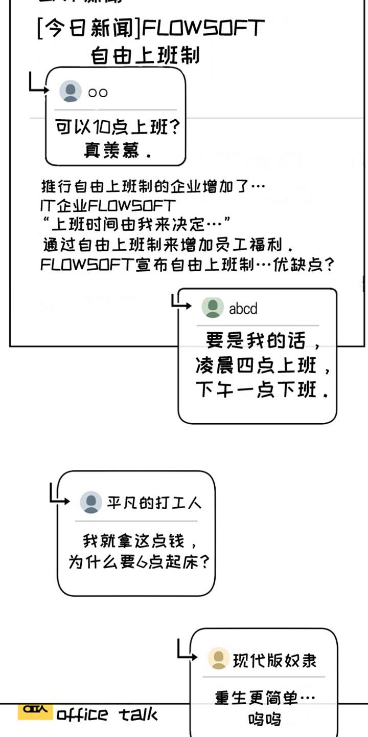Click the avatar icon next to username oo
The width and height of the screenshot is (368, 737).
pyautogui.click(x=71, y=92)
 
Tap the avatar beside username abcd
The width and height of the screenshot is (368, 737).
pyautogui.click(x=212, y=308)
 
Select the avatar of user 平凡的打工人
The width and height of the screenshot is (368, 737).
pyautogui.click(x=91, y=503)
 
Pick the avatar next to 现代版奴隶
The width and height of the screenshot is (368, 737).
pyautogui.click(x=218, y=658)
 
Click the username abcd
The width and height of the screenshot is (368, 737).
pyautogui.click(x=243, y=309)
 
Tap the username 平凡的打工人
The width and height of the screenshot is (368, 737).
pyautogui.click(x=154, y=503)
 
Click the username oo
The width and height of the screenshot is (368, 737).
pyautogui.click(x=98, y=93)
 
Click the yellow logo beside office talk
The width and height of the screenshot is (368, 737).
pyautogui.click(x=35, y=711)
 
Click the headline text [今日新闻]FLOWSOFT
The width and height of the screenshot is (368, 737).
pyautogui.click(x=151, y=29)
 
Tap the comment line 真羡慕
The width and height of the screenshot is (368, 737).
pyautogui.click(x=118, y=151)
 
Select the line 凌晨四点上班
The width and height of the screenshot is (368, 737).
pyautogui.click(x=263, y=365)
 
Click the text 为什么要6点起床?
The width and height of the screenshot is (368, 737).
pyautogui.click(x=140, y=562)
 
